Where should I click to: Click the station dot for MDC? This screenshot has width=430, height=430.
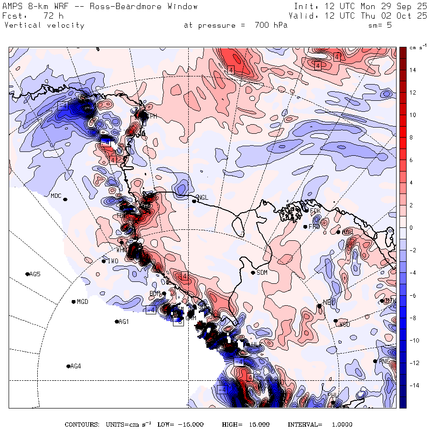pyautogui.click(x=65, y=199)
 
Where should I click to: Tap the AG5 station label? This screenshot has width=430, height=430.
pyautogui.click(x=35, y=274)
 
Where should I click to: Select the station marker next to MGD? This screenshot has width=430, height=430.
pyautogui.click(x=73, y=301)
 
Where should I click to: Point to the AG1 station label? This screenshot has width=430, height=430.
pyautogui.click(x=124, y=322)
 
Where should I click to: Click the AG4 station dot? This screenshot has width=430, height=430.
pyautogui.click(x=68, y=366)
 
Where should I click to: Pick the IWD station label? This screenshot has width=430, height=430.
pyautogui.click(x=112, y=261)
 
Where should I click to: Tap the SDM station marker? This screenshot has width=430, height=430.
pyautogui.click(x=253, y=273)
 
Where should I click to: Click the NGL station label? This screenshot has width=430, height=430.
pyautogui.click(x=203, y=197)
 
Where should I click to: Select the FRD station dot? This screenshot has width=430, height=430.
pyautogui.click(x=305, y=226)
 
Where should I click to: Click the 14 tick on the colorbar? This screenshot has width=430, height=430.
pyautogui.click(x=412, y=70)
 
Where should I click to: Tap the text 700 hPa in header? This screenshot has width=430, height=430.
pyautogui.click(x=268, y=25)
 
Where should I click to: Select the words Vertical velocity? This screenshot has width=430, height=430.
pyautogui.click(x=44, y=25)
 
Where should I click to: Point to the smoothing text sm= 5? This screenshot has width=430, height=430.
pyautogui.click(x=380, y=25)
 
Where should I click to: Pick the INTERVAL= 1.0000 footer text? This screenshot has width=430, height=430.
pyautogui.click(x=320, y=424)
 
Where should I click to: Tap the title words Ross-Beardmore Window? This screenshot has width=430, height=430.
pyautogui.click(x=148, y=7)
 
